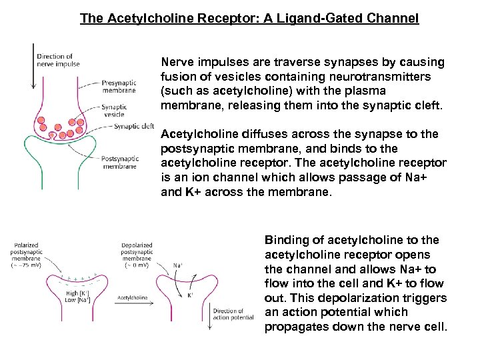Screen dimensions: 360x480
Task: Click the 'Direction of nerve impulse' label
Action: tap(58, 60)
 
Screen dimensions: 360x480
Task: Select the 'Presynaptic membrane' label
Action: tap(119, 87)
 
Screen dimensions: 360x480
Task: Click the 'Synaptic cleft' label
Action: tap(133, 126)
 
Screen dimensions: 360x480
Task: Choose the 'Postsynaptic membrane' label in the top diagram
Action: tap(119, 162)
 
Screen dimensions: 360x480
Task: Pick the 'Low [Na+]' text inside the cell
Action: tap(78, 301)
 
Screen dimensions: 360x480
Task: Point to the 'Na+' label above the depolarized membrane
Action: tap(177, 265)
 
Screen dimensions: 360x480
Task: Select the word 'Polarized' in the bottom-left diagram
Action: tap(25, 245)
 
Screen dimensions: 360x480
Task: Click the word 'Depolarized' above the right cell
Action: tap(137, 245)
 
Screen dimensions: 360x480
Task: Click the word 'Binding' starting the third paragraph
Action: tap(285, 240)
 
